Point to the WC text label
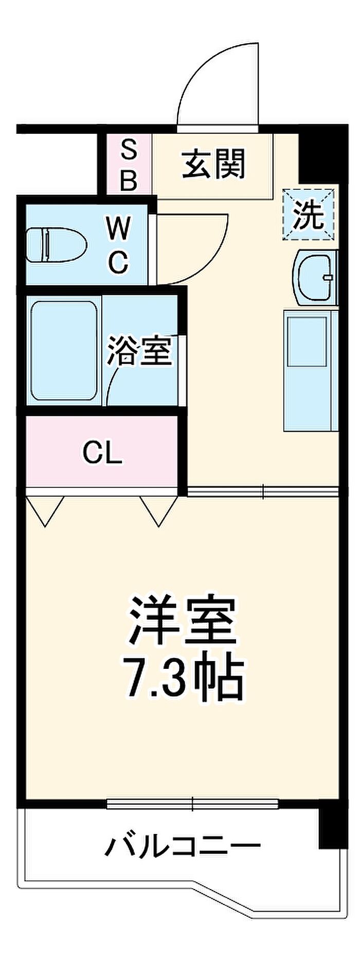118,245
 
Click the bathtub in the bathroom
64,351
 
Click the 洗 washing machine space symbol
309,215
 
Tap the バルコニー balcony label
183,845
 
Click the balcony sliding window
193,803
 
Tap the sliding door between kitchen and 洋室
263,492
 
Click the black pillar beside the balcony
329,828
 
